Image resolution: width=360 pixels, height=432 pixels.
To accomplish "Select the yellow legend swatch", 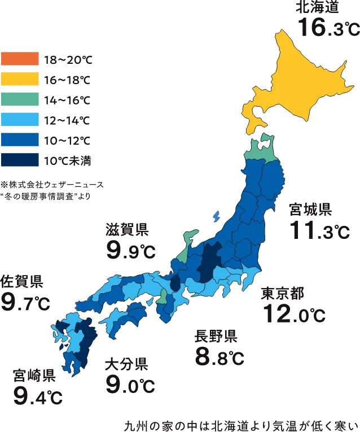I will click(x=20, y=78).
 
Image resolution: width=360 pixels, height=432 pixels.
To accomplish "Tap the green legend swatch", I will click(x=20, y=99).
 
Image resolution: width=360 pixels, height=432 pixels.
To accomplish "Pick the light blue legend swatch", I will click(x=20, y=119).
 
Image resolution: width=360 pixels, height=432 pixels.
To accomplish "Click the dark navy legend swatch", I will click(x=20, y=160).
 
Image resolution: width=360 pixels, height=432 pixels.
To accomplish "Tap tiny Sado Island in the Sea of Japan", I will click(x=216, y=215).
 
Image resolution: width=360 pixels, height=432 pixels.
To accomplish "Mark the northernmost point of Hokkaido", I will click(x=280, y=29).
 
